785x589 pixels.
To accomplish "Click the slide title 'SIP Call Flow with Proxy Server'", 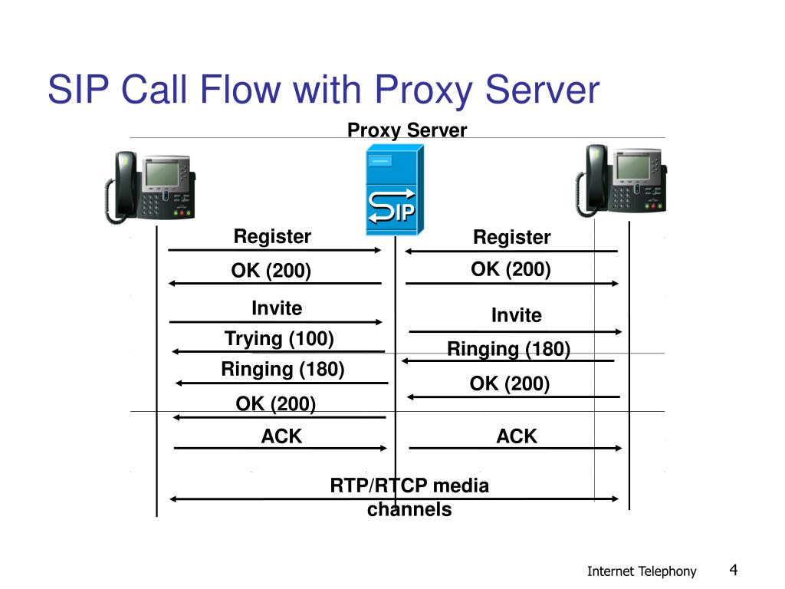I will click(323, 90).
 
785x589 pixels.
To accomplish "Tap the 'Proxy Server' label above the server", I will click(406, 130).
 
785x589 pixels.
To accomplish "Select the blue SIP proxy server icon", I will click(392, 192).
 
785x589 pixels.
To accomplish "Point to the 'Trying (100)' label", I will click(279, 338).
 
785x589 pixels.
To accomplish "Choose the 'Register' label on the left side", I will click(272, 237).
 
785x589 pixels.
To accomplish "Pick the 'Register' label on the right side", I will click(511, 238).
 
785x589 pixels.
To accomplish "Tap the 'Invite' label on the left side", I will click(277, 308).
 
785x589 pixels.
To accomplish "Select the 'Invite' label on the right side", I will click(516, 315).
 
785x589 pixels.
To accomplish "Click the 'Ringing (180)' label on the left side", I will click(282, 370).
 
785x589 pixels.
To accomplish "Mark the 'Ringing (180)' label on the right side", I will click(508, 350).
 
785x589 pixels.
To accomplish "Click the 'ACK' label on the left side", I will click(281, 436).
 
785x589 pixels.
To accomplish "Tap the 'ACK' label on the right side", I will click(517, 436).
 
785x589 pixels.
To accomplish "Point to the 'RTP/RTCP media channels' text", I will click(409, 497).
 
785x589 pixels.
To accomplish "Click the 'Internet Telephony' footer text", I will click(642, 571).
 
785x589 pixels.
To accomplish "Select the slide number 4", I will click(733, 569).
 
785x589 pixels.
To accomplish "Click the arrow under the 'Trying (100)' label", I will click(278, 351).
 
